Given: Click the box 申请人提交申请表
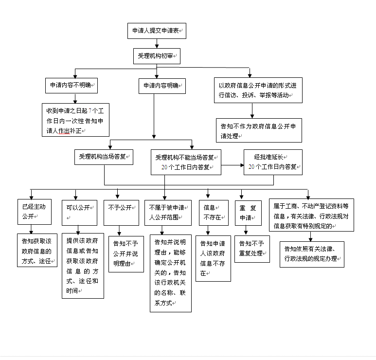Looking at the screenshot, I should [x=157, y=31].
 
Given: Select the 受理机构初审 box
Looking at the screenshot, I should [x=157, y=56].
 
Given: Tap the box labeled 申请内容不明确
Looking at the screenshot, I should [x=71, y=86].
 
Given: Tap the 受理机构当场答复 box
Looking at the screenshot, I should [x=103, y=157].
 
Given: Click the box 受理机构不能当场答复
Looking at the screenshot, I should [x=185, y=162].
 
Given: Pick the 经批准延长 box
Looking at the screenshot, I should [x=272, y=162].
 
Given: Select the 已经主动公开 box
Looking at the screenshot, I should [x=31, y=211].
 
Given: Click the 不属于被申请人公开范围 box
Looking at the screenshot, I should [x=168, y=212].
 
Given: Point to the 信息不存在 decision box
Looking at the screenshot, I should [x=214, y=212].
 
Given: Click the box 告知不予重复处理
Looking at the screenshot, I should [x=251, y=248].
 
